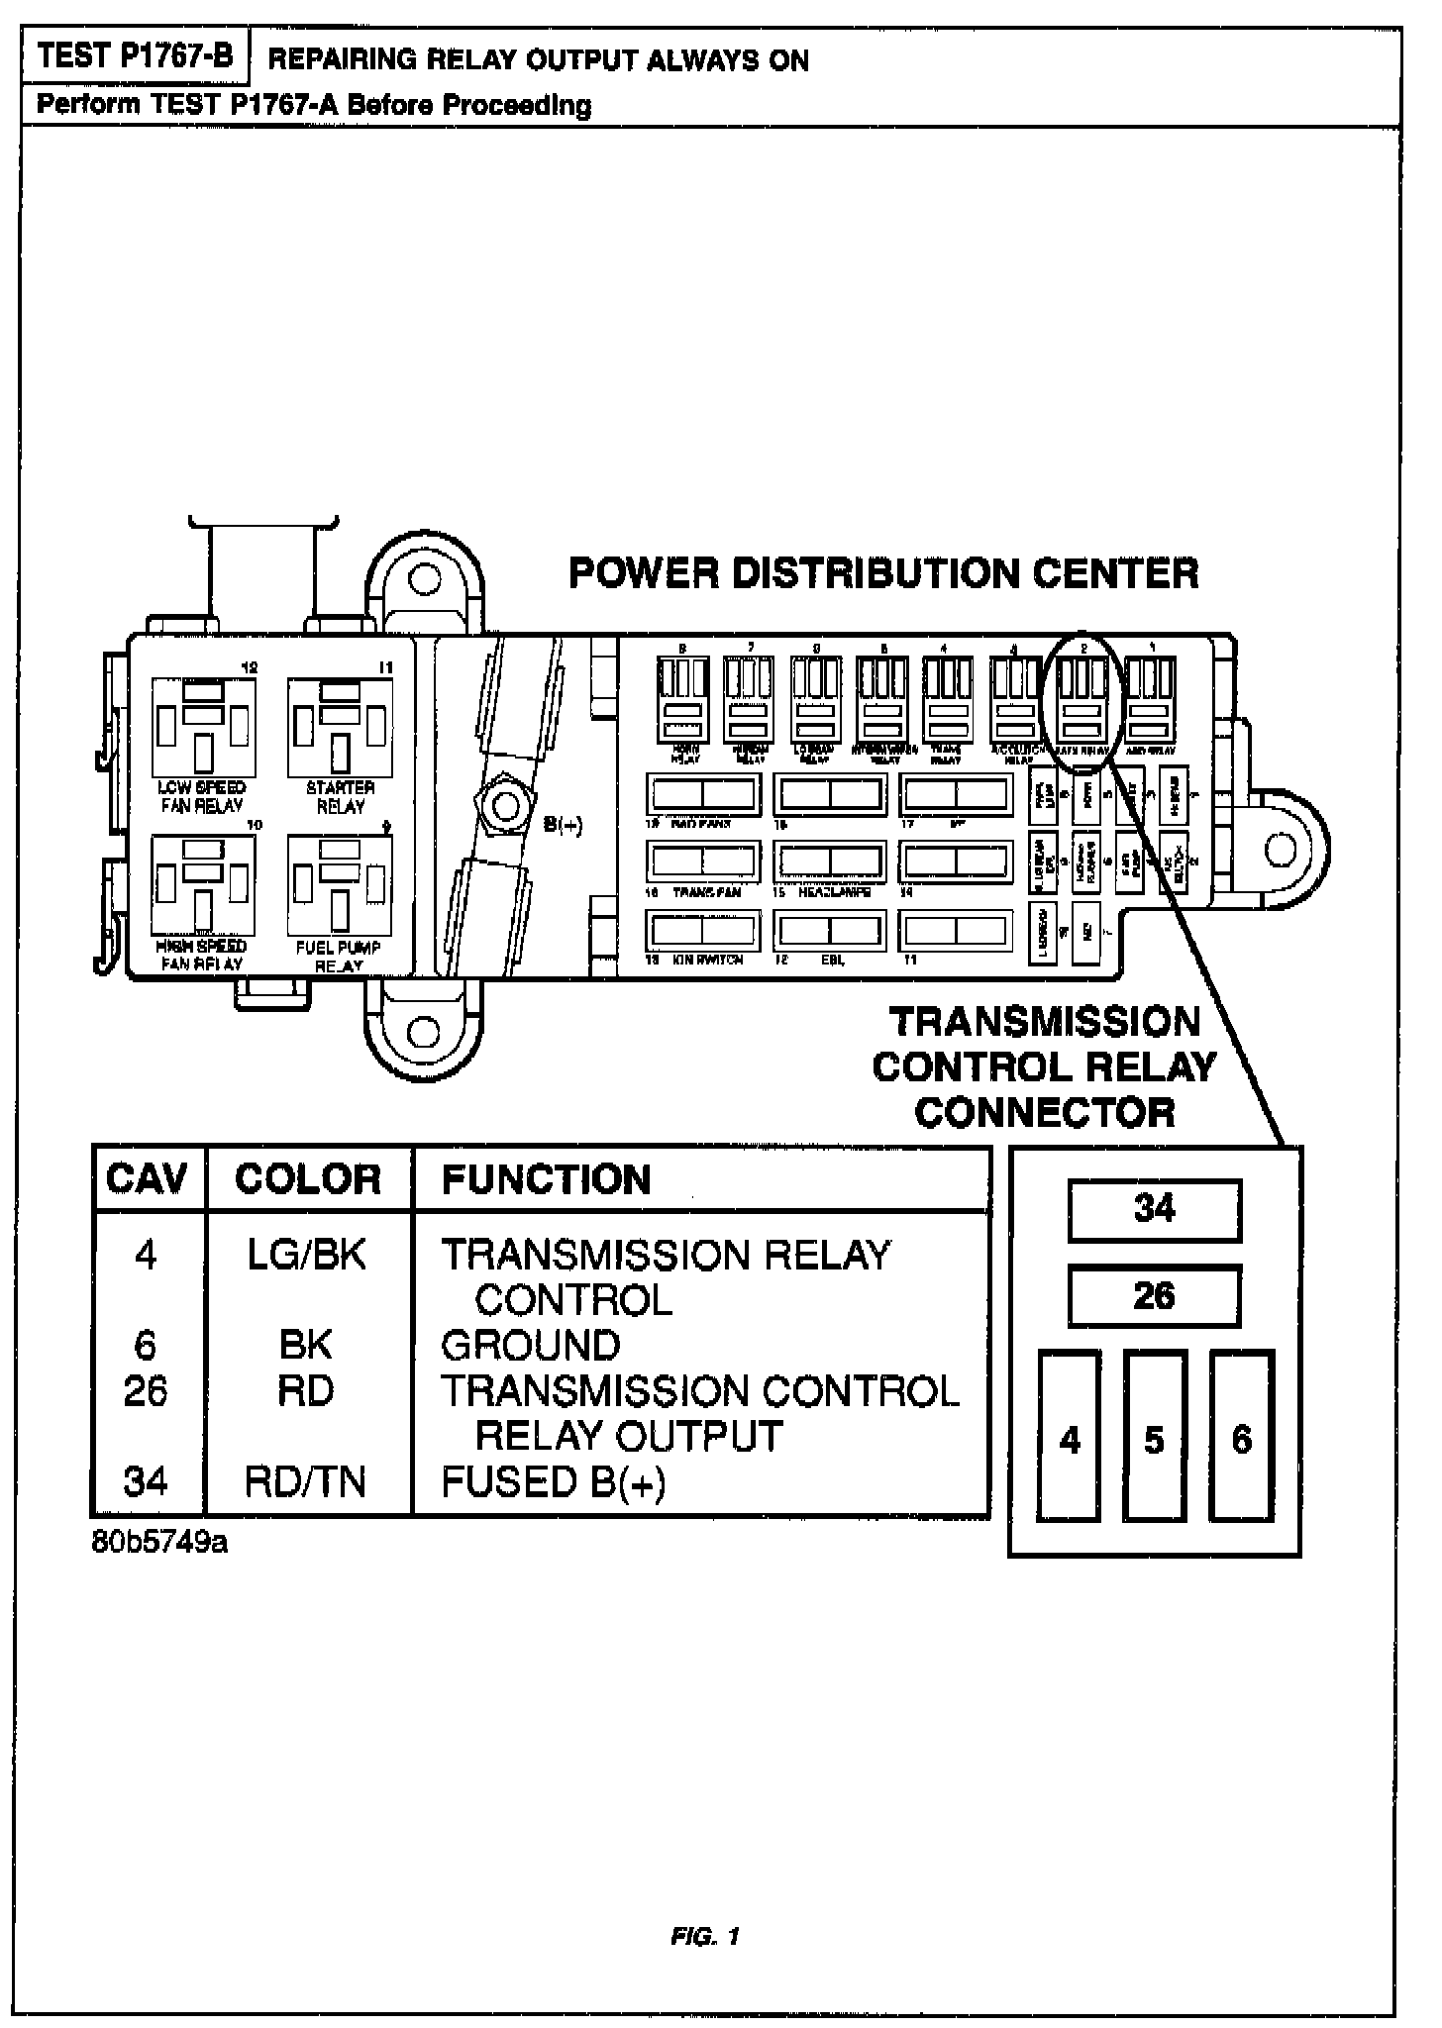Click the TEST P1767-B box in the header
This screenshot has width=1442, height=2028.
tap(135, 56)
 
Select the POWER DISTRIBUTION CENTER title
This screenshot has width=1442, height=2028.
tap(883, 573)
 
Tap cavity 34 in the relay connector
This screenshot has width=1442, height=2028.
tap(1154, 1209)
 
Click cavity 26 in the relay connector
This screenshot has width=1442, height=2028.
tap(1154, 1296)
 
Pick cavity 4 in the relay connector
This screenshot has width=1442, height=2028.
tap(1070, 1437)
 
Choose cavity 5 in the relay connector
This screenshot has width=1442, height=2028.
tap(1155, 1437)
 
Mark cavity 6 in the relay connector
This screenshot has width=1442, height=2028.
tap(1241, 1437)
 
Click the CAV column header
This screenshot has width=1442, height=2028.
tap(147, 1179)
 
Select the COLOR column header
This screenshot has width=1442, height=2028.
tap(307, 1179)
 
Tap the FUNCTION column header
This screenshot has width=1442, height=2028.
tap(546, 1179)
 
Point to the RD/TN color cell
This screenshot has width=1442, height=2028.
tap(306, 1482)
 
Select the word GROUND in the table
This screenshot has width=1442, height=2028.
tap(531, 1346)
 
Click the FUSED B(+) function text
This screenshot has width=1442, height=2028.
tap(554, 1482)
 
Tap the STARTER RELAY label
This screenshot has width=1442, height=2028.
tap(341, 797)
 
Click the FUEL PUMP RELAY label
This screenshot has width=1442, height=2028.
tap(339, 957)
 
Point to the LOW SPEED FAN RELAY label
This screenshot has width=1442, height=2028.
tap(202, 797)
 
